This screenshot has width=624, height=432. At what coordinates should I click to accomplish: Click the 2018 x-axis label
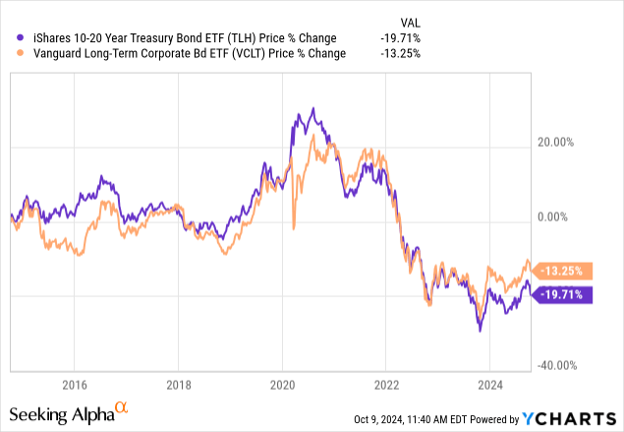pyautogui.click(x=178, y=385)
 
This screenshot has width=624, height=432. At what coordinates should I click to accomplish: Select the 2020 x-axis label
pyautogui.click(x=282, y=385)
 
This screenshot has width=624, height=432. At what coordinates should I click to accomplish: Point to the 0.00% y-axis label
pyautogui.click(x=563, y=216)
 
